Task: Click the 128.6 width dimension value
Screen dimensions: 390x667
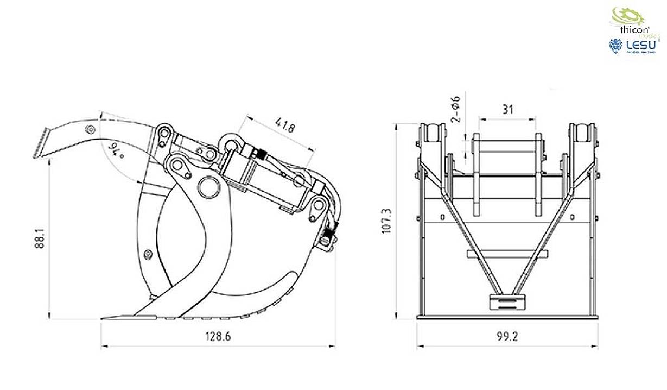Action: tap(218, 337)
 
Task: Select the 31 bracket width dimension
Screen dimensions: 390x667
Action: tap(507, 109)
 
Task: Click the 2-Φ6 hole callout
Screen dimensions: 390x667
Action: tap(456, 109)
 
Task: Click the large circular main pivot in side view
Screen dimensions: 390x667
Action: tap(207, 186)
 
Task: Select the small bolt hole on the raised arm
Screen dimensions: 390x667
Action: tap(90, 129)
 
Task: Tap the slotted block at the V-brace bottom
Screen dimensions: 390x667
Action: tap(507, 301)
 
